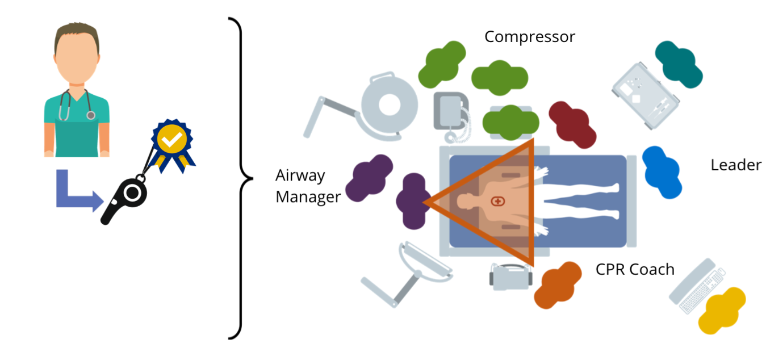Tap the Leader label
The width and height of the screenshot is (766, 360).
point(736,165)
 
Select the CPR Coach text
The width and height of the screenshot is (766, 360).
point(635,269)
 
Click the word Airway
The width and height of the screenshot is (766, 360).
point(300,176)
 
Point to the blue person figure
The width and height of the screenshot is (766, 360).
point(662,172)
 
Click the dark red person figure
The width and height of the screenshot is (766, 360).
point(572,124)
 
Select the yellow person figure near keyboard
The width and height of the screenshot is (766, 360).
point(722,311)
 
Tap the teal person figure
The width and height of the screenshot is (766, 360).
point(679,64)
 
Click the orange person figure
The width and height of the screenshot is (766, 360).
point(558,285)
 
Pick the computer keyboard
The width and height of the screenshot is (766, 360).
point(702,291)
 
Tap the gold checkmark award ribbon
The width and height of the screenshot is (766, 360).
point(173,145)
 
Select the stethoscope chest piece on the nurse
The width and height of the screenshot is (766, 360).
point(91,115)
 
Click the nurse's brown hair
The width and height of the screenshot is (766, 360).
point(77,34)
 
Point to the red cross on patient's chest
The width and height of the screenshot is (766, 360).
point(498,202)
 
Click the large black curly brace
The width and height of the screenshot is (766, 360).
point(241,178)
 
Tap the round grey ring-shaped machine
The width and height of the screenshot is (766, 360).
point(390,105)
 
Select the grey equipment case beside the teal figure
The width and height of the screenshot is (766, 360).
point(646,96)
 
